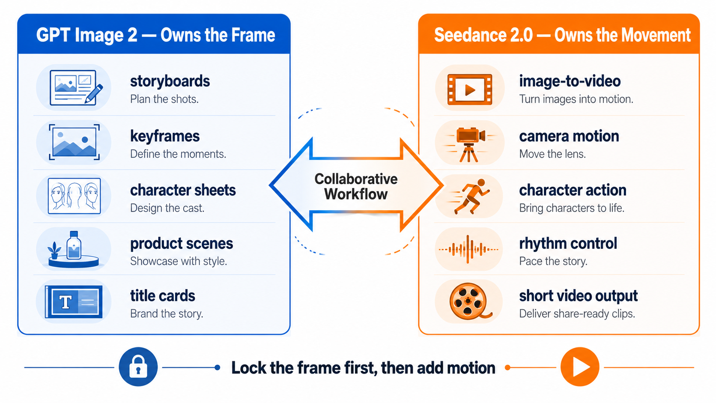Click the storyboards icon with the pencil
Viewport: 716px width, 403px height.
(x=76, y=87)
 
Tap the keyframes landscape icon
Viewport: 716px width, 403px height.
(x=74, y=142)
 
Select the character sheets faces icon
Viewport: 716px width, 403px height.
(x=74, y=196)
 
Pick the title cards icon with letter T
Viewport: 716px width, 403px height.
(x=74, y=302)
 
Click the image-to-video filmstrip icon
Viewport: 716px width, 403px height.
(x=470, y=90)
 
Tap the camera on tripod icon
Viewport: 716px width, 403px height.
(x=469, y=144)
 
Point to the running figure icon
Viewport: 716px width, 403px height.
(x=469, y=196)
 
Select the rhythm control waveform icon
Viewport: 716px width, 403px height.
(x=468, y=249)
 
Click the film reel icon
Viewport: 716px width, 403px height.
(x=469, y=302)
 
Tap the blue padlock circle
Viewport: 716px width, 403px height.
(x=138, y=367)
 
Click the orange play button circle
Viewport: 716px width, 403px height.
(x=580, y=367)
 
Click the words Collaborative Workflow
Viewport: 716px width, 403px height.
(x=356, y=186)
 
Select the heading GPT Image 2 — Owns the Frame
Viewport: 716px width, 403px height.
(x=155, y=35)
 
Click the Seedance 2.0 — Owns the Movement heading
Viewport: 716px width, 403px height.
(x=562, y=35)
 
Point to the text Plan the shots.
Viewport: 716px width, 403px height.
(x=164, y=99)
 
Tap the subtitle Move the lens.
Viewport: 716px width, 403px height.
(x=552, y=154)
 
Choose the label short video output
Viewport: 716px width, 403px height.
(x=578, y=296)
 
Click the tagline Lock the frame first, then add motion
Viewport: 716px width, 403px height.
(x=363, y=368)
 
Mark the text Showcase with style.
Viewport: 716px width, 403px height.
(x=179, y=261)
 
